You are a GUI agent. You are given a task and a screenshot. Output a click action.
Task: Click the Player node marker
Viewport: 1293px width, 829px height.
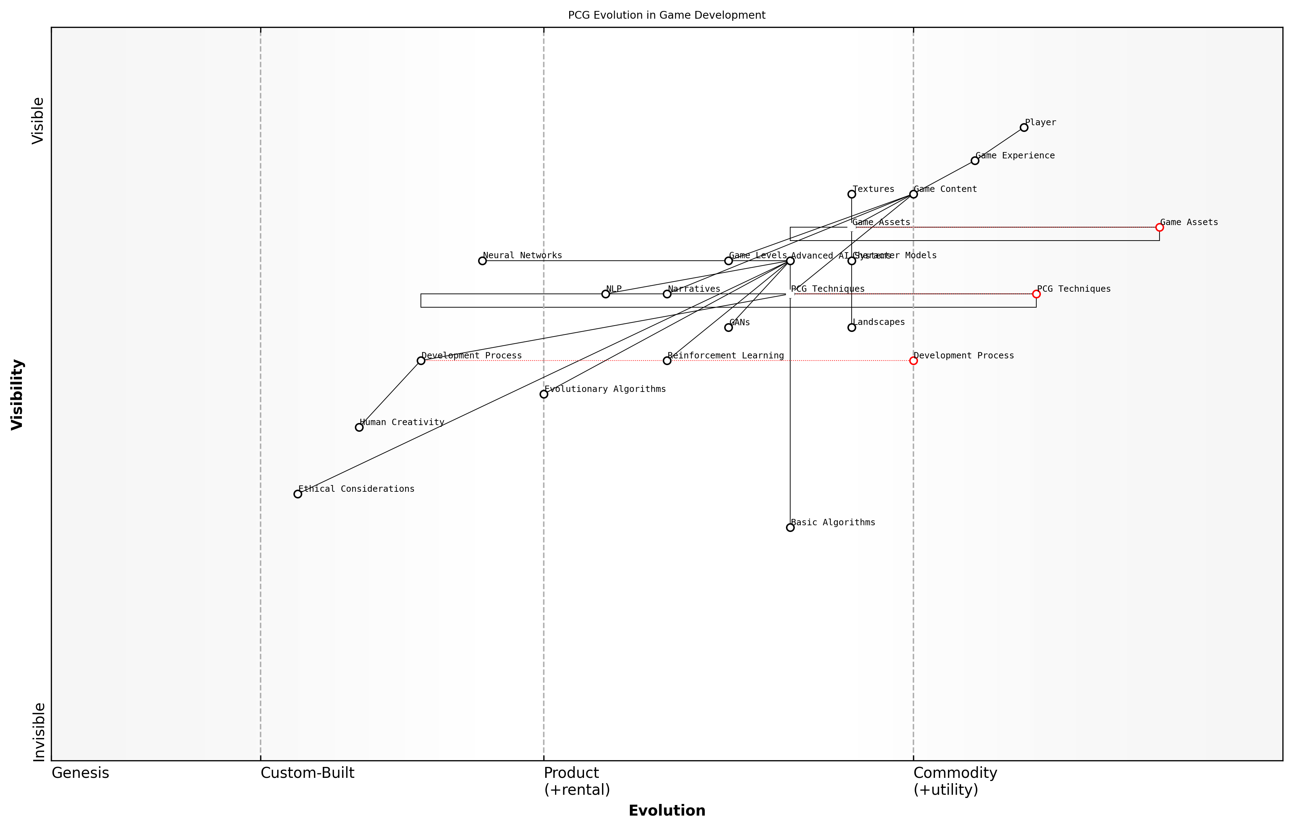(x=1024, y=128)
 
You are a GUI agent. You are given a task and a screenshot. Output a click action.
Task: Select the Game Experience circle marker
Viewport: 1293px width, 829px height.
(x=975, y=161)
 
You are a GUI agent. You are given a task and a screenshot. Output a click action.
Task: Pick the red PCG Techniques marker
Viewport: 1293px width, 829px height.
(x=1036, y=294)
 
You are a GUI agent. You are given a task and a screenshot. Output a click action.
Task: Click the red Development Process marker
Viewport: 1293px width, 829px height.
(x=913, y=361)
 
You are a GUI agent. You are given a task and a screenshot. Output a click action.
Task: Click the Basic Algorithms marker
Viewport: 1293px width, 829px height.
(x=790, y=527)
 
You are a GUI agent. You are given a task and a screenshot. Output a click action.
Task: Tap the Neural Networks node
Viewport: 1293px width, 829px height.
(x=482, y=261)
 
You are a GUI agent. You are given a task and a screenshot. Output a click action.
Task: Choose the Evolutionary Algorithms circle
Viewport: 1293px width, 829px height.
(x=544, y=394)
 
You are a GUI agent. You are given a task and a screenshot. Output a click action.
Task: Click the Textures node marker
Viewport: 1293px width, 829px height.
(x=852, y=194)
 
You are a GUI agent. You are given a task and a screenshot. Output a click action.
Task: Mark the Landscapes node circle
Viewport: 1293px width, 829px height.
(x=852, y=327)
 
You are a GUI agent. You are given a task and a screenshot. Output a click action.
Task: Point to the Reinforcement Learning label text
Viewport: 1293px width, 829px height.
(x=725, y=356)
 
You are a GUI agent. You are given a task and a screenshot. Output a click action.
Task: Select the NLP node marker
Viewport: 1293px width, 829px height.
(x=606, y=294)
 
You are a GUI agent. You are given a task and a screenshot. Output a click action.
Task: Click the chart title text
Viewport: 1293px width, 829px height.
(x=666, y=15)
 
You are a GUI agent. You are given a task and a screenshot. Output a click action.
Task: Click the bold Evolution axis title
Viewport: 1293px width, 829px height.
(x=666, y=811)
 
